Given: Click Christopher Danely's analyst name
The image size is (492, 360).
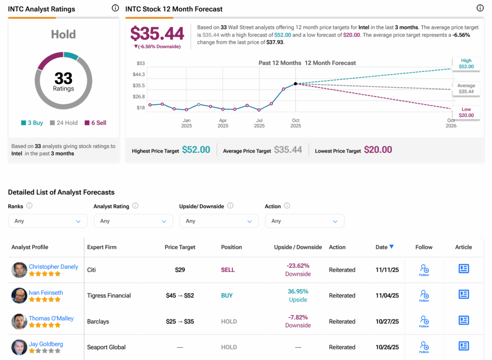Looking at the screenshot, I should [x=53, y=267].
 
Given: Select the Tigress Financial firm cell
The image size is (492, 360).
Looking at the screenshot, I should [x=109, y=296].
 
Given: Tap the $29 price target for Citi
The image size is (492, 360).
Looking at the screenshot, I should [x=180, y=270].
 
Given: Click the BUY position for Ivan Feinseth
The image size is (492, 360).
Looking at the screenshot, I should [x=227, y=296].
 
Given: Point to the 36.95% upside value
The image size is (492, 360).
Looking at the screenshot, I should [x=298, y=291].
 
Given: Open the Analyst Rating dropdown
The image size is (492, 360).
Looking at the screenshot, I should [x=133, y=221].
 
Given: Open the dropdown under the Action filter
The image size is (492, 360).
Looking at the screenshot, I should [x=304, y=221].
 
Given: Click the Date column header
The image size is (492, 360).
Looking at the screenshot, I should [x=381, y=247].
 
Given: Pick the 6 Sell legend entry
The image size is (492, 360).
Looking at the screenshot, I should [x=95, y=123].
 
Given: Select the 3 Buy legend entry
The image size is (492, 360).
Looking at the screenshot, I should [x=32, y=123].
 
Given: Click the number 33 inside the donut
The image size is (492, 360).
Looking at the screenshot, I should [x=63, y=78].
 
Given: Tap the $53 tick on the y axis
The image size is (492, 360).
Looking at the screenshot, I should [x=140, y=63].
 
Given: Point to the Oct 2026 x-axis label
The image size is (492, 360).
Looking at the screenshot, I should [x=451, y=123].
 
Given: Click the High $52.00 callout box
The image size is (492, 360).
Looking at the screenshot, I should [x=466, y=64].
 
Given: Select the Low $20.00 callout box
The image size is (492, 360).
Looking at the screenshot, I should [x=466, y=113].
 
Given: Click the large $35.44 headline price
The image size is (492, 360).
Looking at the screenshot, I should [x=157, y=34].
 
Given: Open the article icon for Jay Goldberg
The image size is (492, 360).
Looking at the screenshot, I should [x=464, y=346].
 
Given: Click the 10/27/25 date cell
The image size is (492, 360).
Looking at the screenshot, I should [x=387, y=322].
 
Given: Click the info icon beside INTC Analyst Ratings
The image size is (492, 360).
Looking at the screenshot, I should [x=115, y=8].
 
